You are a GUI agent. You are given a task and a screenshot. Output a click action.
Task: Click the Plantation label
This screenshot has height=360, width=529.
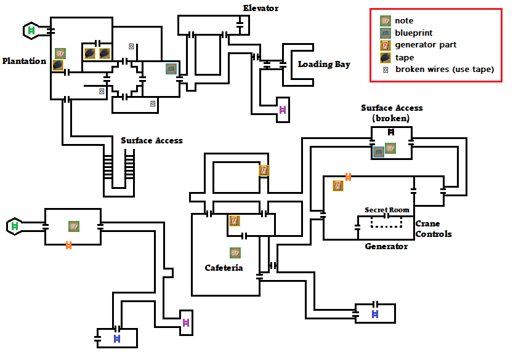pyautogui.click(x=24, y=61)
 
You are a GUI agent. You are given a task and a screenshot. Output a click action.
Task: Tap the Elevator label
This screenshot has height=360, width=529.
pyautogui.click(x=260, y=8)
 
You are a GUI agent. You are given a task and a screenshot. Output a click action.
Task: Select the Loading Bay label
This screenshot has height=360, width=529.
pyautogui.click(x=324, y=64)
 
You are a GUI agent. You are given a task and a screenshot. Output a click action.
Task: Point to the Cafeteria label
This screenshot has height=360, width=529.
pyautogui.click(x=224, y=268)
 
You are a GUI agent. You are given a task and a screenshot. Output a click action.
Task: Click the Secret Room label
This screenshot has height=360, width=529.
pyautogui.click(x=387, y=210)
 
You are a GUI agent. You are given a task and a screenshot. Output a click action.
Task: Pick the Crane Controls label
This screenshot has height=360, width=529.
pyautogui.click(x=434, y=229)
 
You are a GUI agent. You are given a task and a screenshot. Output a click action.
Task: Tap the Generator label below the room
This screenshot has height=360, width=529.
pyautogui.click(x=386, y=246)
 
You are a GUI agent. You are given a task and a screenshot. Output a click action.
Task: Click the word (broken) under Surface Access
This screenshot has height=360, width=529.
pyautogui.click(x=391, y=118)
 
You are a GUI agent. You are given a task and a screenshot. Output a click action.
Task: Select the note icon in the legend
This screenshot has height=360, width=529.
pyautogui.click(x=386, y=21)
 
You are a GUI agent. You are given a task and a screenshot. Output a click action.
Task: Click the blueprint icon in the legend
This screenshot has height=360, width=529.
pyautogui.click(x=386, y=33)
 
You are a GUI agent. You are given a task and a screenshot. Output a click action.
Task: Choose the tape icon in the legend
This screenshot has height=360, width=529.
pyautogui.click(x=386, y=58)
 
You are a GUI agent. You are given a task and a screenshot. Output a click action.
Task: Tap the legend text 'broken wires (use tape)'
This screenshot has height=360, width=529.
pyautogui.click(x=445, y=70)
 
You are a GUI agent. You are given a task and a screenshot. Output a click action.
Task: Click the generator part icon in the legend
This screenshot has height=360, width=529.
pyautogui.click(x=386, y=45)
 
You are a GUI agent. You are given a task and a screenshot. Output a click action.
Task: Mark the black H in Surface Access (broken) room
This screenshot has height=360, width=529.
pyautogui.click(x=391, y=132)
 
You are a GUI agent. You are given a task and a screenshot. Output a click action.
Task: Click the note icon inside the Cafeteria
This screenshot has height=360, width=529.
pyautogui.click(x=235, y=253)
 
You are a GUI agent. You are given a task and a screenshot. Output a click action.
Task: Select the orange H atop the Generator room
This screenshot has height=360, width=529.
pyautogui.click(x=348, y=177)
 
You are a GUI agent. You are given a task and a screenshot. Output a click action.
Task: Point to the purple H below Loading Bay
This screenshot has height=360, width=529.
pyautogui.click(x=283, y=110)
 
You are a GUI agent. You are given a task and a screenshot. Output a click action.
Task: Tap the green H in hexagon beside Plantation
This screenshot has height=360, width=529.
pyautogui.click(x=31, y=31)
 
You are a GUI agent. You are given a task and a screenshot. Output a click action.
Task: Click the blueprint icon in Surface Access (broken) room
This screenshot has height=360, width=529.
pyautogui.click(x=379, y=152)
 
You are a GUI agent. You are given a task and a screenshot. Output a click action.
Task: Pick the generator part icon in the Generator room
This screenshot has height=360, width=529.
pyautogui.click(x=338, y=186)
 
